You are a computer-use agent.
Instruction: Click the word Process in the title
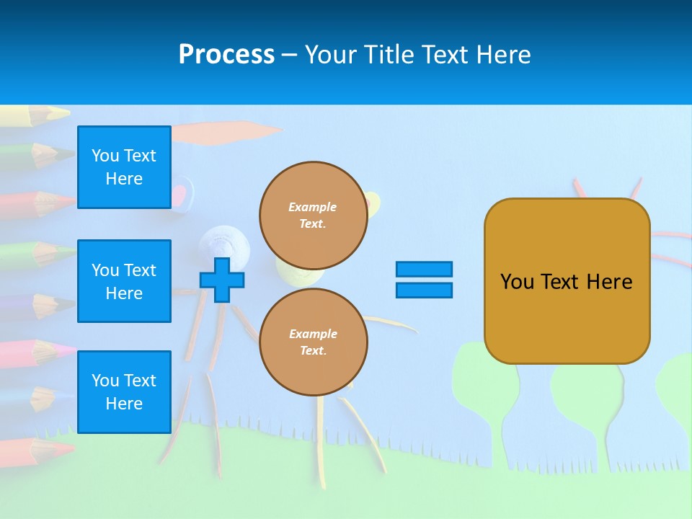(226, 55)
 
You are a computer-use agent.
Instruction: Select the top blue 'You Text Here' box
(124, 167)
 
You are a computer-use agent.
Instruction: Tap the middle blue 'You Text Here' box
(124, 281)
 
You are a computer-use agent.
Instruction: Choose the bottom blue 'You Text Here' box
(124, 392)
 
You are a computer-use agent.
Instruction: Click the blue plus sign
(222, 280)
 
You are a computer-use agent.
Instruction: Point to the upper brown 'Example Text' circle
(313, 215)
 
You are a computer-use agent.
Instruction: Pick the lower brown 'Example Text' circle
(313, 342)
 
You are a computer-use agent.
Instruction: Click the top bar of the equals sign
(424, 269)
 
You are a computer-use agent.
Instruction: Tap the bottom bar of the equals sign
(424, 290)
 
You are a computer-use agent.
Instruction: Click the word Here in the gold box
(609, 282)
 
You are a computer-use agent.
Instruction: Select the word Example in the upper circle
(313, 207)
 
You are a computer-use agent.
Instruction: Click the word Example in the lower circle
(313, 334)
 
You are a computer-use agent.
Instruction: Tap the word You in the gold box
(517, 282)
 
